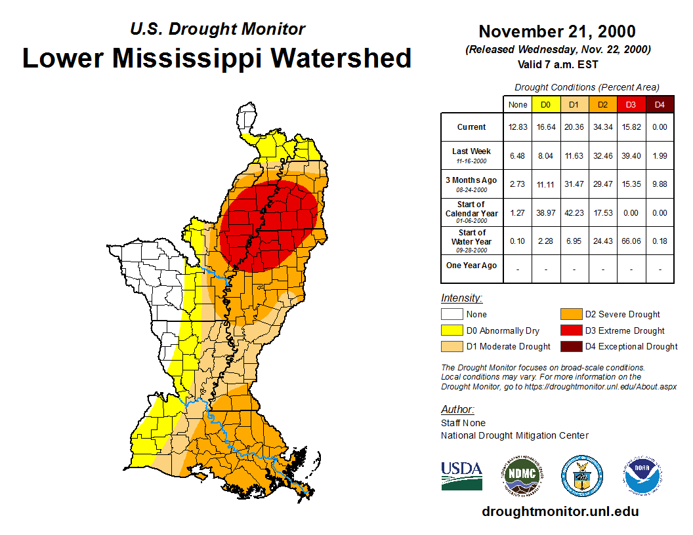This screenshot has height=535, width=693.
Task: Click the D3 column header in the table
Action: pos(631,104)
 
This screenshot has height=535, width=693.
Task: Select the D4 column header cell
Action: pos(660,104)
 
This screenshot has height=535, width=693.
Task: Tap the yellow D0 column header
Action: pos(545,104)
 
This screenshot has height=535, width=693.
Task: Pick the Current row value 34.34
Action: pos(602,127)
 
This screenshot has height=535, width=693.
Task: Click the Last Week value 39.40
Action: pos(631,156)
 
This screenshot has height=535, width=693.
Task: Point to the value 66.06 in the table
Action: pos(631,241)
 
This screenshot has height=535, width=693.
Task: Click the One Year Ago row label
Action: pos(471,266)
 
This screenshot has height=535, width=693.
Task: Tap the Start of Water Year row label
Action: pos(471,237)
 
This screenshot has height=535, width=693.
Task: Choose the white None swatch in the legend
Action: pos(451,315)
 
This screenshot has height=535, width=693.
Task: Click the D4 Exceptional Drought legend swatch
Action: pos(571,346)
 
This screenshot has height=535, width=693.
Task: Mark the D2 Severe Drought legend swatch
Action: pos(571,315)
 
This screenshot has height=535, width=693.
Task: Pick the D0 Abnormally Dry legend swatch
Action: pos(451,330)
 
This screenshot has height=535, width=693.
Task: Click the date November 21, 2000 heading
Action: pos(556,31)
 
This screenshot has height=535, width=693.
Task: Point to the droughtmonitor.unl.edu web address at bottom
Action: pos(560,511)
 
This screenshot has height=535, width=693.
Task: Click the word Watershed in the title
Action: pos(341,58)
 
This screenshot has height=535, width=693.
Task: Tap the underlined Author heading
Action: pos(457,410)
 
